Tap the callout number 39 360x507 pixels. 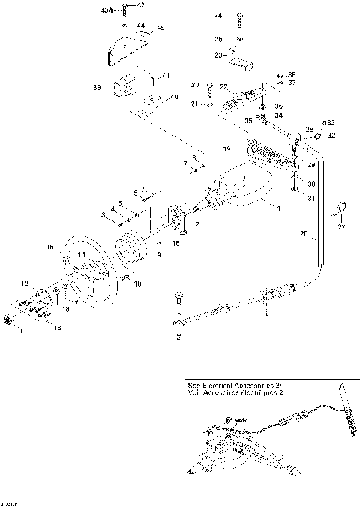pyautogui.click(x=97, y=88)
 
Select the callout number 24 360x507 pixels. pyautogui.click(x=218, y=15)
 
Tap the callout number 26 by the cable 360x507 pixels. pyautogui.click(x=305, y=234)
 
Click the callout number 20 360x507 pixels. pyautogui.click(x=193, y=84)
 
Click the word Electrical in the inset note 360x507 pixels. pyautogui.click(x=214, y=382)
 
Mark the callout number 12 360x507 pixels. pyautogui.click(x=25, y=283)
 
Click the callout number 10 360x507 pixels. pyautogui.click(x=137, y=284)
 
